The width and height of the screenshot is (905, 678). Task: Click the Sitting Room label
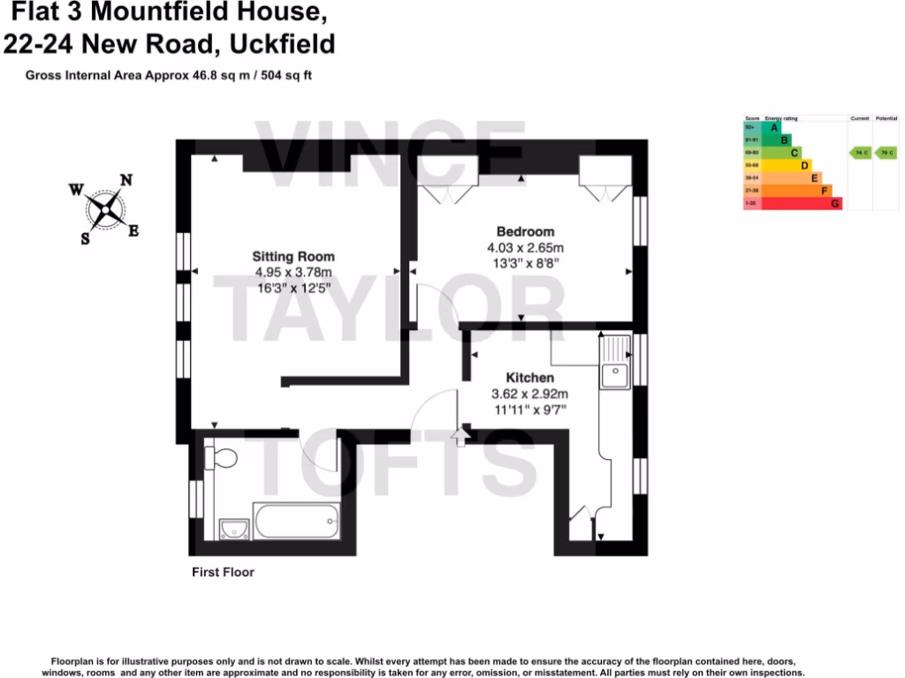(x=293, y=257)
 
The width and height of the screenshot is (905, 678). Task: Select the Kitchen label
(x=530, y=378)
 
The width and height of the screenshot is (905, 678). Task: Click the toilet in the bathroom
(x=221, y=458)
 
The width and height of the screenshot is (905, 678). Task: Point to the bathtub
(x=296, y=521)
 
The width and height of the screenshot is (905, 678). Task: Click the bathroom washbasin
(x=232, y=528)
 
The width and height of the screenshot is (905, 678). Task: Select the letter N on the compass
(x=126, y=180)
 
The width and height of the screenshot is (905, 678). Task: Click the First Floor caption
(x=223, y=572)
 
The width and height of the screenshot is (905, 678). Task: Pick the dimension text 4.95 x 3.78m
(x=293, y=272)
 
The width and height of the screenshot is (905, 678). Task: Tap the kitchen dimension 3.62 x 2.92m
(x=529, y=394)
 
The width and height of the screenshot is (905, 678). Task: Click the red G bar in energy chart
(x=801, y=204)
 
